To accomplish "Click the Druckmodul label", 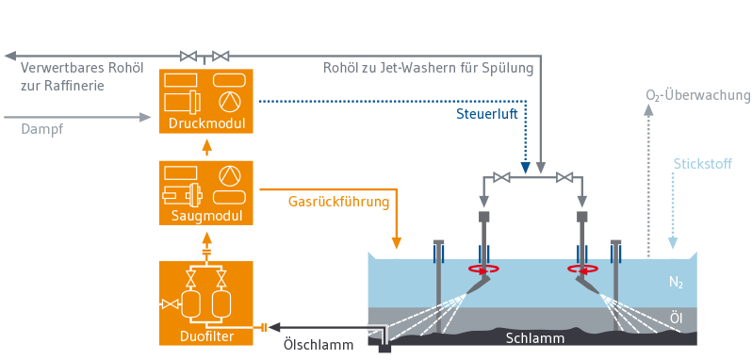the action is click(206, 123).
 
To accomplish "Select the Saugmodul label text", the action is click(206, 216).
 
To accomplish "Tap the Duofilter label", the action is click(206, 336).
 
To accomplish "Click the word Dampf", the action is click(42, 129).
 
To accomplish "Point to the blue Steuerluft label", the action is click(487, 116).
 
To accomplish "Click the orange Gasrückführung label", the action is click(338, 202).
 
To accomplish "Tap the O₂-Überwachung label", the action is click(697, 95).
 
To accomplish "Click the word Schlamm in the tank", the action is click(535, 339).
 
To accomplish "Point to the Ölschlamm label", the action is click(318, 344).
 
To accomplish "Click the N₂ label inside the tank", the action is click(676, 283).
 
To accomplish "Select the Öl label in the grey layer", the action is click(676, 319).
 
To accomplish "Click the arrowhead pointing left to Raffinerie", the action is click(10, 57).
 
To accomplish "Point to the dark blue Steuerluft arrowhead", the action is click(526, 168).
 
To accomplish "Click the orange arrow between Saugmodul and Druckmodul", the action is click(206, 148).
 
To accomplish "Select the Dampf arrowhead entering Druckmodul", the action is click(145, 117).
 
